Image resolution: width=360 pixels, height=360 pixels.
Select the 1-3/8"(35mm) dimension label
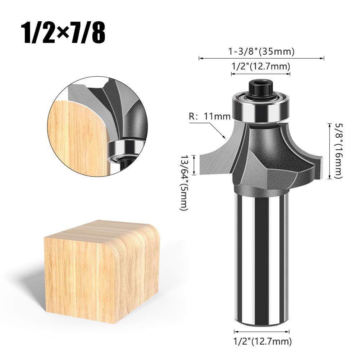point(261,51)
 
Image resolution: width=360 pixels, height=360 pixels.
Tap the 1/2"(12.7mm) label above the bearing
point(260,66)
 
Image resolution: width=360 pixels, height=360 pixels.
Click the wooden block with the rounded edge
point(101,266)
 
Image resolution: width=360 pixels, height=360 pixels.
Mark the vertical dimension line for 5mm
point(195,165)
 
